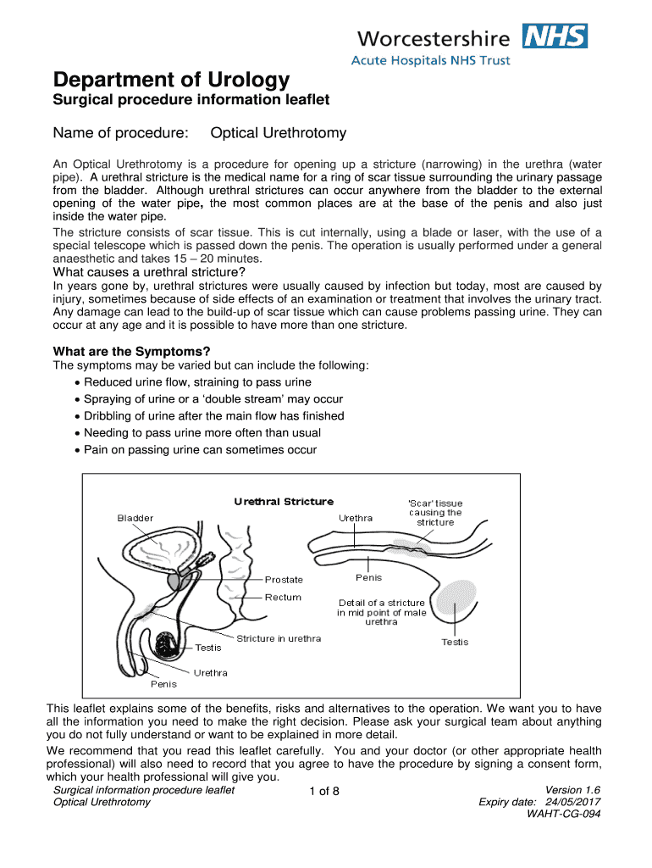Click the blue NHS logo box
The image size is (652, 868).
point(555,36)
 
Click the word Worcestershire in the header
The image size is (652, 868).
point(434,38)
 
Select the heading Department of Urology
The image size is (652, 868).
point(171,81)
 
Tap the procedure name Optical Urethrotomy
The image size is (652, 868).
point(279,134)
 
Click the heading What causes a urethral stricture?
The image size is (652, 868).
point(149,272)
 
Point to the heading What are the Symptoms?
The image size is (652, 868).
point(131,351)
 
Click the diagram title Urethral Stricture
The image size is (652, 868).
point(284,502)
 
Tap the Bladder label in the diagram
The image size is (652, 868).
point(135,518)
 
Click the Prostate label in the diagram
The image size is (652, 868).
point(284,580)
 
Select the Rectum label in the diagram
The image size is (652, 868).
point(283,597)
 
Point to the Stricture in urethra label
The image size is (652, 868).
point(279,638)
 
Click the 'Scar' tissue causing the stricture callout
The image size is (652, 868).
point(435,513)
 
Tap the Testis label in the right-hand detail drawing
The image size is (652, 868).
point(455,642)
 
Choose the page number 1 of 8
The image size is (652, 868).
point(324,793)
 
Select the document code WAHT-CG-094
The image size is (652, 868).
point(564,815)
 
